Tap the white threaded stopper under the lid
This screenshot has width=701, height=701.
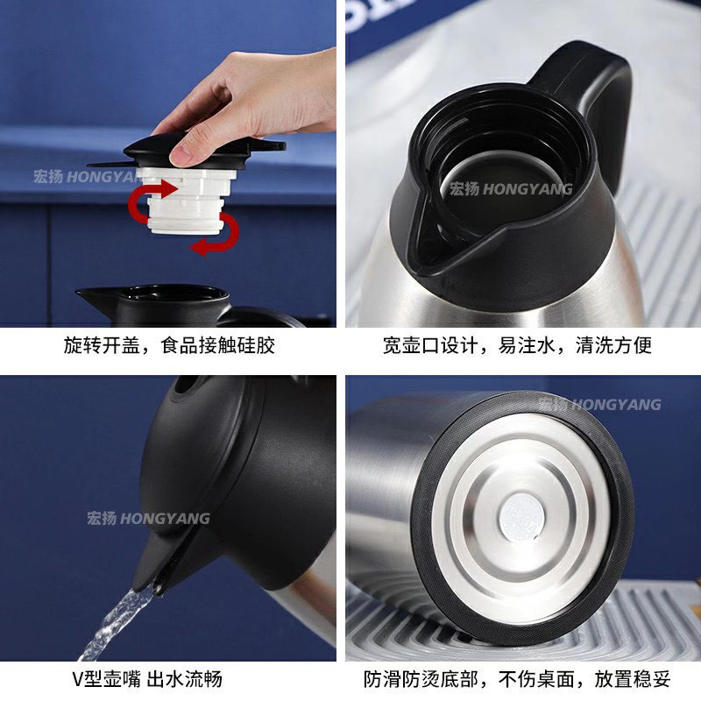[186, 201]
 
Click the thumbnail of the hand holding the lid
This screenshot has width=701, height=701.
[168, 164]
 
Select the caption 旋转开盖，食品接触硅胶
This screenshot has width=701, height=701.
[169, 345]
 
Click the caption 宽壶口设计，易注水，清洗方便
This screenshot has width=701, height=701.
[517, 345]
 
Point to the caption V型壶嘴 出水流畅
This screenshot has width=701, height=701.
[147, 679]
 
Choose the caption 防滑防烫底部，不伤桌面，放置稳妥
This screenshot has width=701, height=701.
[517, 679]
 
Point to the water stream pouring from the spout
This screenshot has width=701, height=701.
[117, 624]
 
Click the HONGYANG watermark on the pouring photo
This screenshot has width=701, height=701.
[148, 519]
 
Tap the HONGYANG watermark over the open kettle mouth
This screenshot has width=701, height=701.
[511, 189]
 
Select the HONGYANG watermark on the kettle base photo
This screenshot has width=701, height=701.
[599, 405]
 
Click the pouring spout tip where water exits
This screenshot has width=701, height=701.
[157, 584]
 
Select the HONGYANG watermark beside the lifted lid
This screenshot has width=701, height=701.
[85, 177]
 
